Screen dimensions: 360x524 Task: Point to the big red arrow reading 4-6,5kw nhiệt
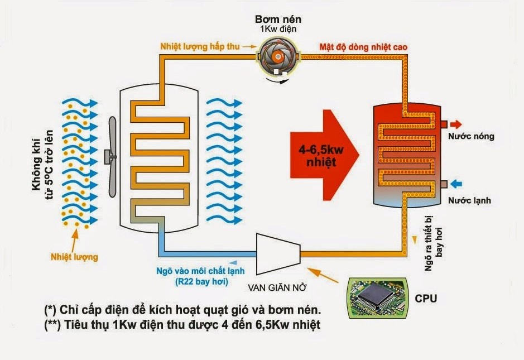(x=322, y=153)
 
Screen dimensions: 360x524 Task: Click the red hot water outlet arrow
(x=456, y=124)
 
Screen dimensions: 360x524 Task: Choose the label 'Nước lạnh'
(x=472, y=200)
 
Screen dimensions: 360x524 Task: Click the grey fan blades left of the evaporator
(x=112, y=157)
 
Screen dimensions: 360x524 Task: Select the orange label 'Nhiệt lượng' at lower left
(x=74, y=257)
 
